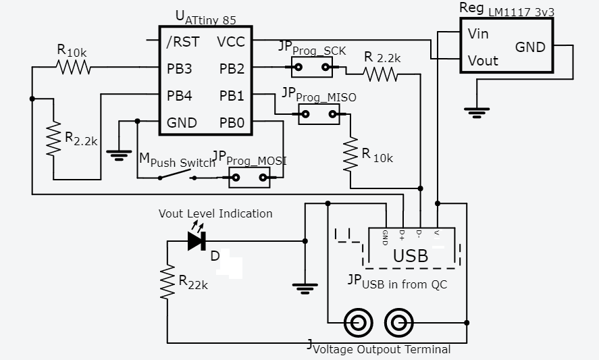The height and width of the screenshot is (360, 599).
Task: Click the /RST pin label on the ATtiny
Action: click(182, 42)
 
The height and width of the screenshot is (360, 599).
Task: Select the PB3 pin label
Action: click(180, 69)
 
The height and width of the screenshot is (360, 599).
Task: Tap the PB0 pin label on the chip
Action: click(232, 123)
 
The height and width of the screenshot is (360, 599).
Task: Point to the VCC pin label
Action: click(231, 42)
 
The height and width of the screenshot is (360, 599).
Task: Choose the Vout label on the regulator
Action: click(483, 61)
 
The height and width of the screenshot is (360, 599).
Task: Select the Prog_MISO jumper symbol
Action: click(319, 114)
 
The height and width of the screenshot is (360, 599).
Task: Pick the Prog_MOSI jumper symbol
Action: click(249, 178)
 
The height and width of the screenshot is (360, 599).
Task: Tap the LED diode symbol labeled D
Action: click(197, 240)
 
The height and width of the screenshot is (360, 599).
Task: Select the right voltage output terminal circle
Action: click(399, 323)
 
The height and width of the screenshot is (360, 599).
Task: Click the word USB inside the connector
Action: click(411, 256)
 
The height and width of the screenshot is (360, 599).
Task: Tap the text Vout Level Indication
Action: click(215, 213)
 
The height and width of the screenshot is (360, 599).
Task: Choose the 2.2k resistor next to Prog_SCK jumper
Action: click(382, 74)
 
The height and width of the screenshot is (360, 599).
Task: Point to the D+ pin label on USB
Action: click(402, 235)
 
